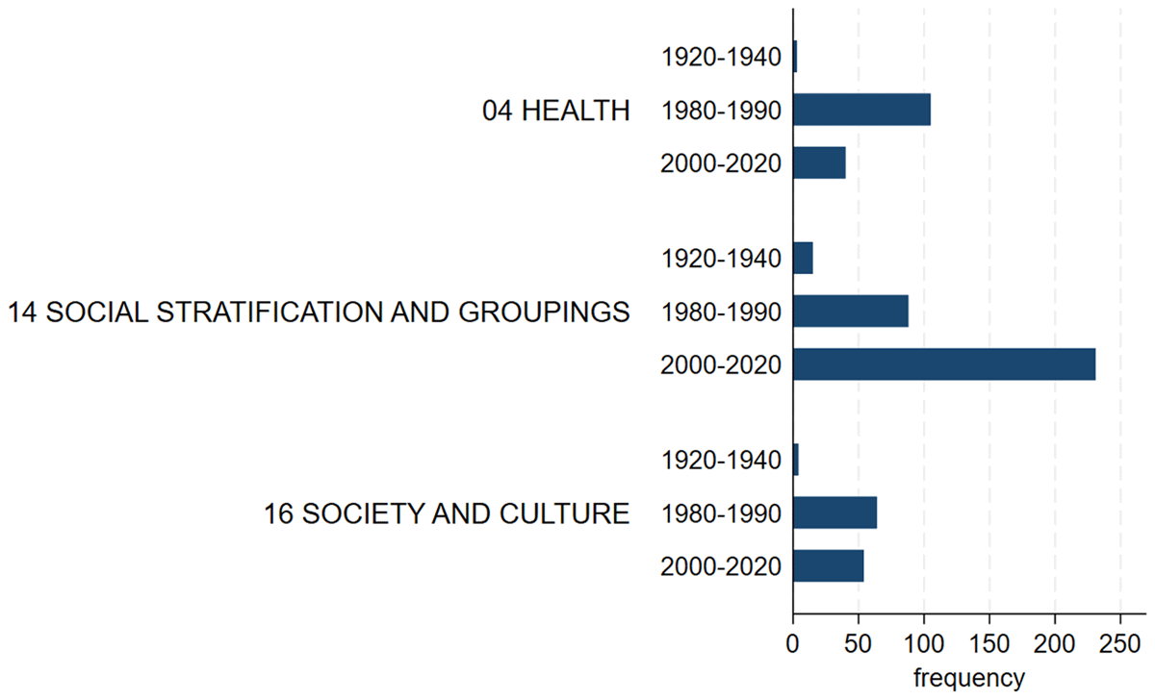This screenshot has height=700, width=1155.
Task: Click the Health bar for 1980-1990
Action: pos(861,111)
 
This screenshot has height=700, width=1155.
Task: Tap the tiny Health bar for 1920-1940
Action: pos(795,57)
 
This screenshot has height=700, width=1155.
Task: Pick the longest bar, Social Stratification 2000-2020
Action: pos(943,364)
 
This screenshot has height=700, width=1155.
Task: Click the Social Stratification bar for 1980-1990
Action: pos(850,312)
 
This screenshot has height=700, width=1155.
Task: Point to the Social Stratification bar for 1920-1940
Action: pos(803,259)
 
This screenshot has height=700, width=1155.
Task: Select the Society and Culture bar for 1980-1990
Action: pos(834,512)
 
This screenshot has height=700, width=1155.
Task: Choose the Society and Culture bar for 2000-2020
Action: pos(828,565)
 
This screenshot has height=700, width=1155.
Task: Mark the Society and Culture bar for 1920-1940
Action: pos(796,460)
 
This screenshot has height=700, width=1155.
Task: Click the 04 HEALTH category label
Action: pos(555,112)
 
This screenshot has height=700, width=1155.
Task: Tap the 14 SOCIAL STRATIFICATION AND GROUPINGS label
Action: pos(319,312)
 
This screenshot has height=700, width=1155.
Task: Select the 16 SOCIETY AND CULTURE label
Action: pos(447,513)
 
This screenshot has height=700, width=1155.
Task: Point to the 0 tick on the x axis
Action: pos(793,642)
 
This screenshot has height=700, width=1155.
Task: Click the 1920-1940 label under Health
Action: pos(721,58)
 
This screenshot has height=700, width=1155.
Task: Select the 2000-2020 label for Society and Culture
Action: pos(721,566)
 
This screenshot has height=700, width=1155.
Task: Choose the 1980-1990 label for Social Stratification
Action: pos(721,312)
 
